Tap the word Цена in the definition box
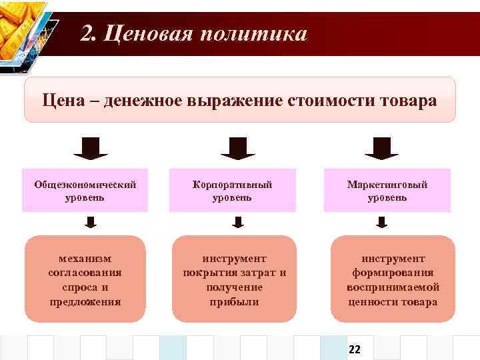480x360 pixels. click(63, 101)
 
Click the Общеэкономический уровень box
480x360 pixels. click(85, 191)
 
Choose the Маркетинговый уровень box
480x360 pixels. click(387, 191)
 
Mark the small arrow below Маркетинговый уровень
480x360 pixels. click(381, 221)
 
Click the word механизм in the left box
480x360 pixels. click(85, 258)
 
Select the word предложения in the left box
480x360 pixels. click(85, 301)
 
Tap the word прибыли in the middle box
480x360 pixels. click(234, 301)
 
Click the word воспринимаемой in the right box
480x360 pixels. click(393, 287)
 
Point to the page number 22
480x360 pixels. click(354, 349)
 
